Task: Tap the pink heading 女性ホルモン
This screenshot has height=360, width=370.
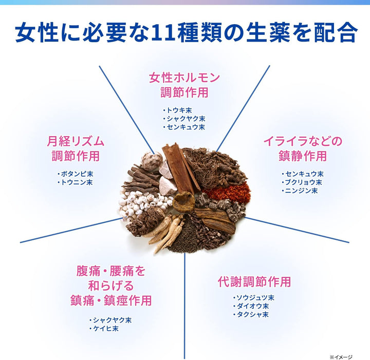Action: click(184, 78)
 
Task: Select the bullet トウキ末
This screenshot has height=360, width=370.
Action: click(177, 110)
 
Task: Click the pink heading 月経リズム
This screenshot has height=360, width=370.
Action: click(76, 141)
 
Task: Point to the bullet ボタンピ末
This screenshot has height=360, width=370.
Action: click(75, 174)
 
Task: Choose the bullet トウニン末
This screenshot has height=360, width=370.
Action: click(75, 182)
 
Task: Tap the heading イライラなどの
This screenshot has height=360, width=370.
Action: click(303, 141)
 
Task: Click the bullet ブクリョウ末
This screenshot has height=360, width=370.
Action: click(302, 182)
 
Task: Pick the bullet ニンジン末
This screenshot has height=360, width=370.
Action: click(300, 191)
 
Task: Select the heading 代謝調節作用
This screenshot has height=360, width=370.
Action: click(254, 281)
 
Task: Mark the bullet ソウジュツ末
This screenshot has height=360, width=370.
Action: click(254, 298)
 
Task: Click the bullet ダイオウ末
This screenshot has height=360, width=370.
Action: click(251, 306)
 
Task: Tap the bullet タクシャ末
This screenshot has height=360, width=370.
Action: click(251, 314)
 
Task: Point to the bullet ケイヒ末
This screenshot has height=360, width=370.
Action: click(104, 328)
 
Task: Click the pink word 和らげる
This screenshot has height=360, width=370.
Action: click(111, 286)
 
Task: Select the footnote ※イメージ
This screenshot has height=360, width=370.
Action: click(341, 357)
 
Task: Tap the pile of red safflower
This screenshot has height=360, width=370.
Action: click(227, 192)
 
